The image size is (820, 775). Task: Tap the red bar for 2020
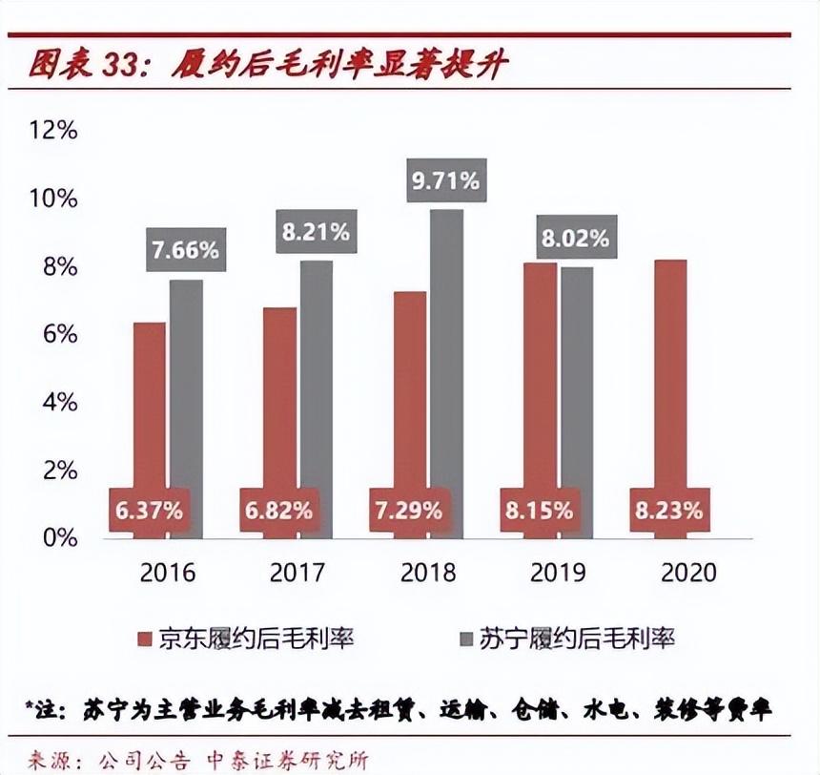pyautogui.click(x=670, y=382)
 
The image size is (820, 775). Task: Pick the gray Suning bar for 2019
pyautogui.click(x=577, y=382)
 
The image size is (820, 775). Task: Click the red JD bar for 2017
pyautogui.click(x=279, y=401)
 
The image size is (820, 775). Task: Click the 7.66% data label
pyautogui.click(x=186, y=251)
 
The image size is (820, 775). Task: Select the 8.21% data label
pyautogui.click(x=317, y=231)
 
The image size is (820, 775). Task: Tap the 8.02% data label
pyautogui.click(x=575, y=238)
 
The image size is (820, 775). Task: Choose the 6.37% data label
pyautogui.click(x=151, y=510)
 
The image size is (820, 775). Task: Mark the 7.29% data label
pyautogui.click(x=411, y=510)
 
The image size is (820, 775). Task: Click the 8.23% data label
pyautogui.click(x=671, y=510)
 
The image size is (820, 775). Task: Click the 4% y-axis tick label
pyautogui.click(x=59, y=402)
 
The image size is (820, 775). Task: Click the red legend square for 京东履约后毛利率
pyautogui.click(x=146, y=638)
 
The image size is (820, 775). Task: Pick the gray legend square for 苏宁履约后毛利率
pyautogui.click(x=468, y=638)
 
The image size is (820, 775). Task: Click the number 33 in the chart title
pyautogui.click(x=117, y=65)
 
